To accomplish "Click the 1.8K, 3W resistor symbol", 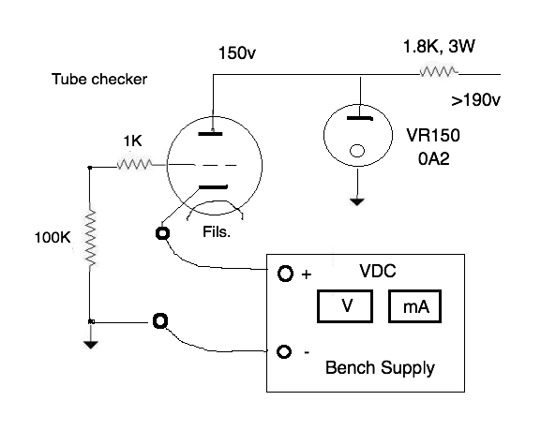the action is pos(439,72).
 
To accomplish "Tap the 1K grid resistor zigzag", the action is pos(134,164).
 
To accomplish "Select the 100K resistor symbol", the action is pos(90,238).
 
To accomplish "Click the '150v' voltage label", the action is pos(237,53).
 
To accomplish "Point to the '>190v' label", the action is pos(475,100).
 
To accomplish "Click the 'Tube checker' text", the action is pos(99,80).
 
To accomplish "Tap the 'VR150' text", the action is pos(433,135).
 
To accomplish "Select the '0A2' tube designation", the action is pos(434,159).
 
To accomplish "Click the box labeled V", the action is pos(345,306).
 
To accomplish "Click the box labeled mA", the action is pos(414,306).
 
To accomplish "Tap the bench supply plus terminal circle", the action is pos(285,274).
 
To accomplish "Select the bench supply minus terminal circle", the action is pos(284,352).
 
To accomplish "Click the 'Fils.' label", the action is pos(217,232).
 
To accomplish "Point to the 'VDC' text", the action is pos(378,271).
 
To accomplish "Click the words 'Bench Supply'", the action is pos(380,368).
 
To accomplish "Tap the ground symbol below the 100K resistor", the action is pos(90,344).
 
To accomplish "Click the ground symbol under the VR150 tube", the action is pos(357,201).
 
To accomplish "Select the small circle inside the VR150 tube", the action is pos(357,151).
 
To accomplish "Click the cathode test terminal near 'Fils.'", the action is pos(162,233).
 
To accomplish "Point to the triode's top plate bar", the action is pos(210,134).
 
